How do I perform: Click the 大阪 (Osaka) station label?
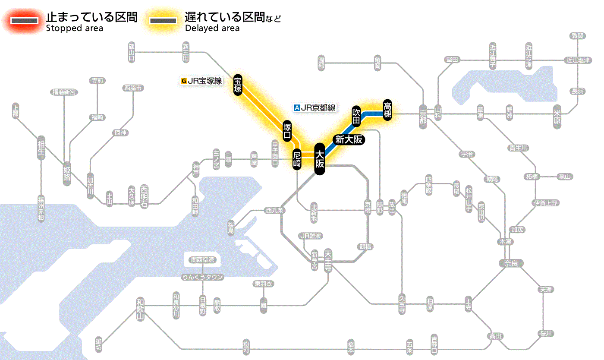point(319,159)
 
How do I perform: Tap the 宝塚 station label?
point(238,85)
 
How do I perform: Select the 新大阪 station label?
point(349,139)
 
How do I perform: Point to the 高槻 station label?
point(387,111)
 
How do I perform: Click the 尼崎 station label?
point(297,159)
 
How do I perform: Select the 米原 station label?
point(558,117)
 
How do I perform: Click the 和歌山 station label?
point(141,309)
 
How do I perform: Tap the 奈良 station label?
point(511,263)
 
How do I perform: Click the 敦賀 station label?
point(578,36)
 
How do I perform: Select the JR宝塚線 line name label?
point(201,80)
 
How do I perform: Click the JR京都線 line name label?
point(315,108)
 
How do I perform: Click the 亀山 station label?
point(565,177)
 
